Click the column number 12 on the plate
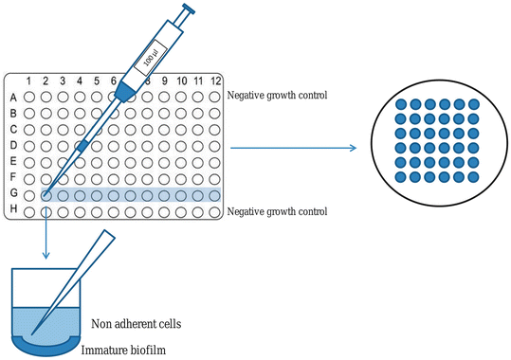[215, 82]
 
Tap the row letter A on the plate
[12, 97]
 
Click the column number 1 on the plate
[29, 82]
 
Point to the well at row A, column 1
[29, 97]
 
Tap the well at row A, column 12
[215, 97]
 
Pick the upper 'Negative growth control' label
[277, 97]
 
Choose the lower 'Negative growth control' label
[277, 211]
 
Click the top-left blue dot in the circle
[400, 103]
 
